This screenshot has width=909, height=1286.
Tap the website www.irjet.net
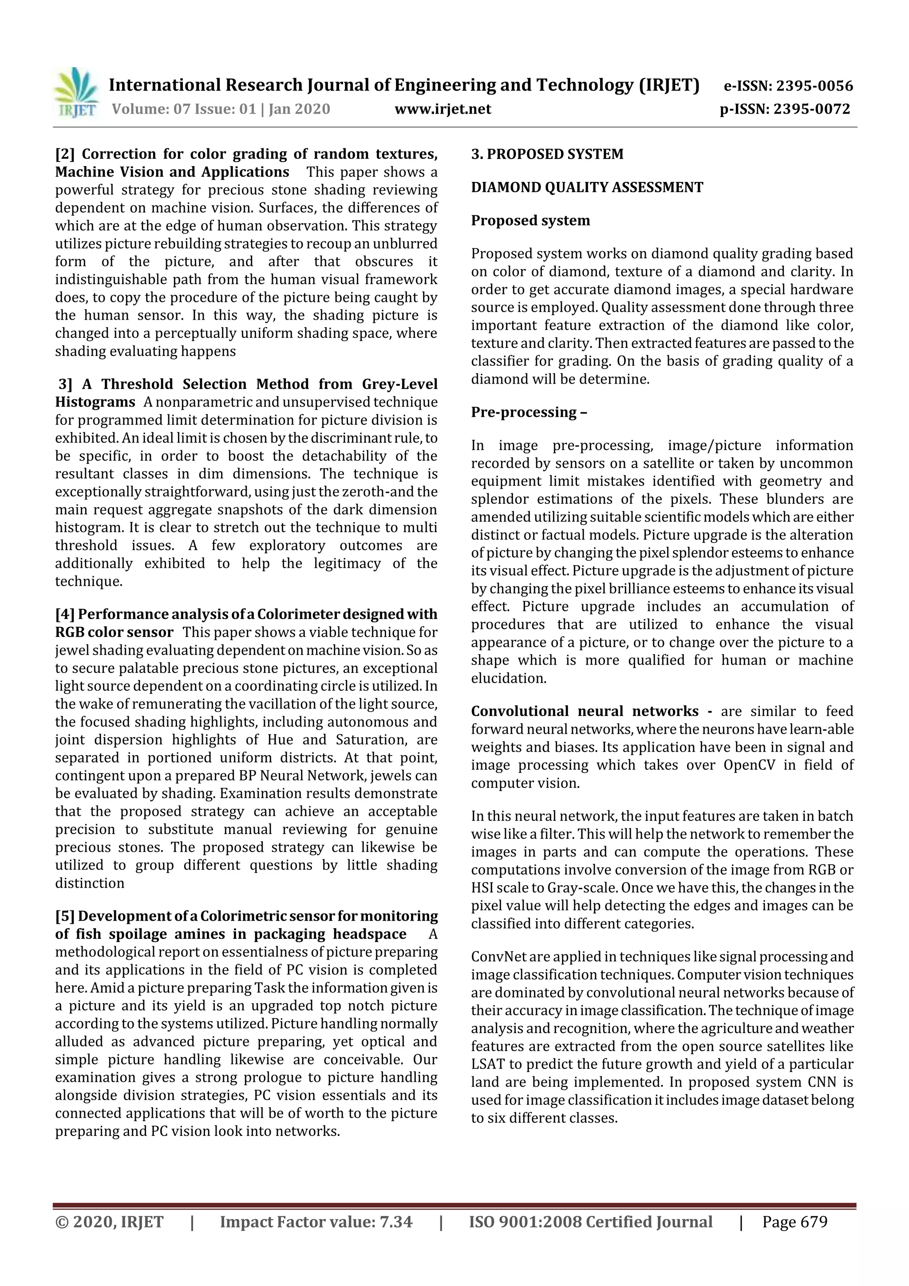pyautogui.click(x=443, y=109)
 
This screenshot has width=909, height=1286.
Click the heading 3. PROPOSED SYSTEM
pyautogui.click(x=547, y=154)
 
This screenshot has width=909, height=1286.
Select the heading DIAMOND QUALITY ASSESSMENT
pyautogui.click(x=586, y=188)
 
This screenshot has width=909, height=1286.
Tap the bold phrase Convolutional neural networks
pyautogui.click(x=584, y=711)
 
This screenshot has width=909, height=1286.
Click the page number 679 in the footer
pyautogui.click(x=813, y=1222)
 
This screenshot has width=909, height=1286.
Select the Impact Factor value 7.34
pyautogui.click(x=395, y=1222)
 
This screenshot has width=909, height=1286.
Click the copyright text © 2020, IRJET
pyautogui.click(x=109, y=1222)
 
